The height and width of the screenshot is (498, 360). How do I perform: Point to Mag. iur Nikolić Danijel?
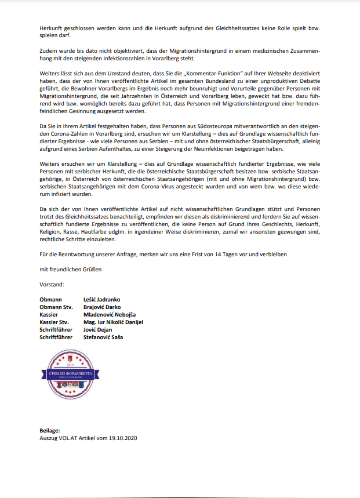point(113,322)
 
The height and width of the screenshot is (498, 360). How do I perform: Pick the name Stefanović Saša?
point(104,337)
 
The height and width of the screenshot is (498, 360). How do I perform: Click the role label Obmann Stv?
point(55,307)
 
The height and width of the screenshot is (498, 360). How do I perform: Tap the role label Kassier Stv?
point(54,322)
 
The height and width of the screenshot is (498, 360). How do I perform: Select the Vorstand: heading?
point(52,285)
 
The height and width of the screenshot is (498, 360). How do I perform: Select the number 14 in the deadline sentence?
point(228,255)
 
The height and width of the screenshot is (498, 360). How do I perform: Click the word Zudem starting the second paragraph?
point(50,51)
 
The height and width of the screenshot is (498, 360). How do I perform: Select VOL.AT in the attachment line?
point(67,438)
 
